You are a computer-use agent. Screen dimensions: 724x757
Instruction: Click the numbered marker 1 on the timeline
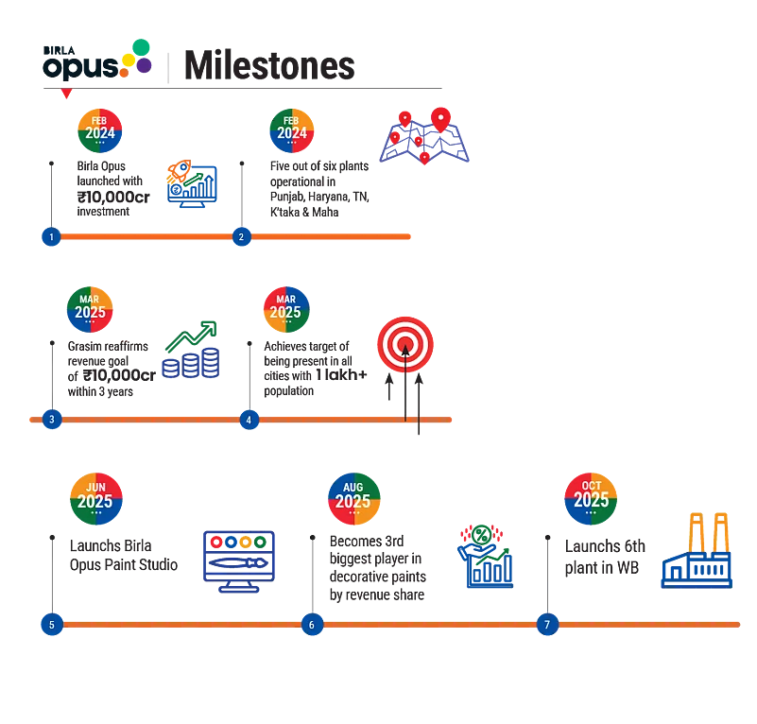click(51, 237)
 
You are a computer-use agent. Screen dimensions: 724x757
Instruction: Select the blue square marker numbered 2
click(242, 237)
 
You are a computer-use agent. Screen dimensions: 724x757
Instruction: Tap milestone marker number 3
click(52, 420)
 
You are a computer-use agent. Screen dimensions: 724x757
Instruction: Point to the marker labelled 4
click(249, 420)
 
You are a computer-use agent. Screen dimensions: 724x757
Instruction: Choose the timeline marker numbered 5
click(52, 625)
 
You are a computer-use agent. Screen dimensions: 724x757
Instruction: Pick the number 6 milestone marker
click(311, 625)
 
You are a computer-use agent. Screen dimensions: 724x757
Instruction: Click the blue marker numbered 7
click(547, 625)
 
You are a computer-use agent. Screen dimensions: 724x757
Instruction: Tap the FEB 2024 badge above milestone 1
click(99, 130)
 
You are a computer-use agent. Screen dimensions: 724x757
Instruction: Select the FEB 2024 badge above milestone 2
click(292, 130)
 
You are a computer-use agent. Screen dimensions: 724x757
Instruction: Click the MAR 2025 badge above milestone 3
click(90, 309)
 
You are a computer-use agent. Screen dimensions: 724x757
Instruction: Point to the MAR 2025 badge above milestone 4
click(285, 309)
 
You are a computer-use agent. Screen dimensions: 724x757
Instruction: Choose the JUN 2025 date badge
click(96, 498)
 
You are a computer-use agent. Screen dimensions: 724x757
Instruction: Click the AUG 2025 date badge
click(353, 498)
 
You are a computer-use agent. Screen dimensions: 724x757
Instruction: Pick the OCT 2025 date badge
click(592, 497)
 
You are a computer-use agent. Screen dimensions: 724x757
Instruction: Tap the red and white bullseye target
click(404, 344)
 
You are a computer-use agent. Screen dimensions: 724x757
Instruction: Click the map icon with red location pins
click(425, 138)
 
